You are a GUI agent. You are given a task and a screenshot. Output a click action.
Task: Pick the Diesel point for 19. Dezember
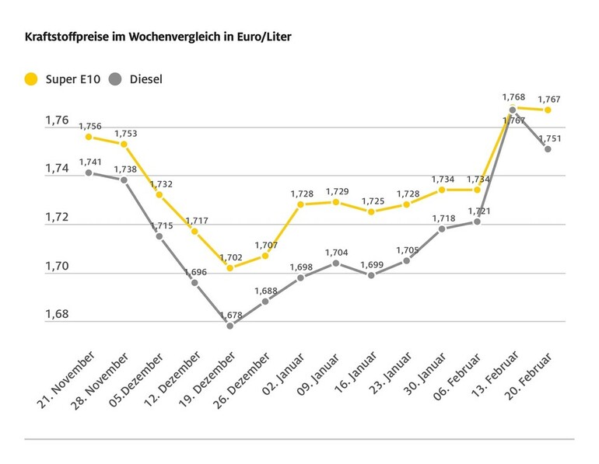[229, 326]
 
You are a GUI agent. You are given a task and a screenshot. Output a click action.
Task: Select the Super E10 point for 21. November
[89, 137]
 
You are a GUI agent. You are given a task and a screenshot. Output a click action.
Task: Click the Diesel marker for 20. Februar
[548, 148]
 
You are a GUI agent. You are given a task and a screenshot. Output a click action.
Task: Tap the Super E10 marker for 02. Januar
[300, 204]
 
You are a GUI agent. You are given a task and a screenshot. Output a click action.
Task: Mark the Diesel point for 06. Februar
[477, 222]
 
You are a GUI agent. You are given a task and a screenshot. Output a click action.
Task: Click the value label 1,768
[513, 97]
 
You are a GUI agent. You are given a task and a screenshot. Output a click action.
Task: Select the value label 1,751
[549, 138]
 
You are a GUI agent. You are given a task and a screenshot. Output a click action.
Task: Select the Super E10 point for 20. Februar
[548, 110]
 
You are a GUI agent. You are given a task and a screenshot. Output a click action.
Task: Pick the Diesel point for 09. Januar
[335, 263]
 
